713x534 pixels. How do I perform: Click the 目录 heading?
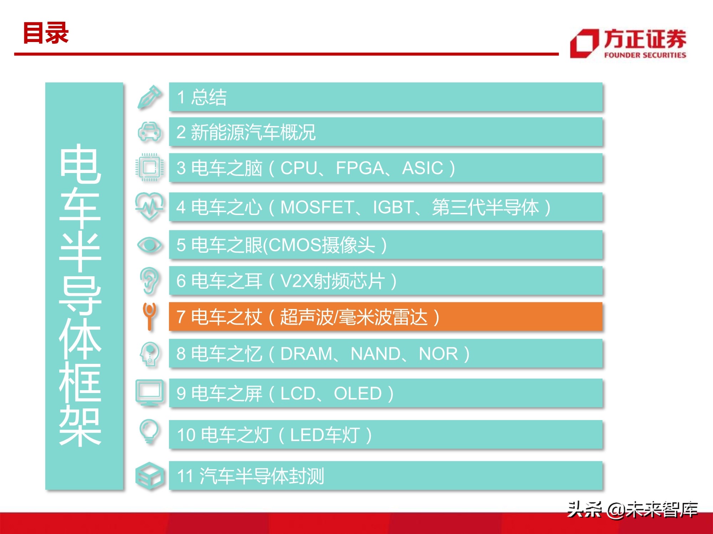[x=46, y=33]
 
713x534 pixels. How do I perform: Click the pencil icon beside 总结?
[x=150, y=97]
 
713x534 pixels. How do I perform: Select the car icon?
[x=149, y=132]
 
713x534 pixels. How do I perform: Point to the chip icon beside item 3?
[x=150, y=167]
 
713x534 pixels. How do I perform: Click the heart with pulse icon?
[x=150, y=206]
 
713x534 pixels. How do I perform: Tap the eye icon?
[x=150, y=245]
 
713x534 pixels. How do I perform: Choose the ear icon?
[x=150, y=281]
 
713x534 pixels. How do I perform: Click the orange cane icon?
[x=149, y=316]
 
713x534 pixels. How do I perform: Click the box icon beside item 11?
[x=150, y=476]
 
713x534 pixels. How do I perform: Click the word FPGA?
[x=359, y=168]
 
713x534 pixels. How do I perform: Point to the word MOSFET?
[x=317, y=207]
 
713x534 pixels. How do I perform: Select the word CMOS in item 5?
[x=294, y=245]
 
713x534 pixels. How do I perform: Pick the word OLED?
[x=358, y=394]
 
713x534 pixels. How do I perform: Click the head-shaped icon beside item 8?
[x=150, y=354]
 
